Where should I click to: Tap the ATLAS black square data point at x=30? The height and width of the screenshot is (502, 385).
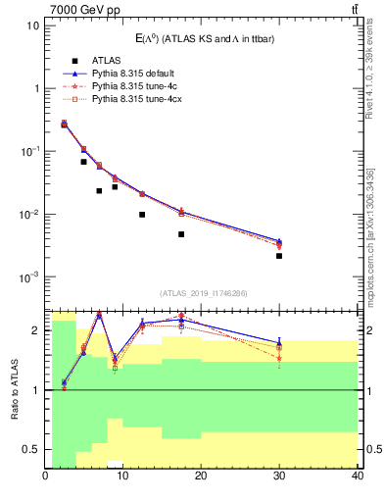coord(279,256)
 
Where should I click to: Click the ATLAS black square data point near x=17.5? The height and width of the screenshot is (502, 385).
coord(181,234)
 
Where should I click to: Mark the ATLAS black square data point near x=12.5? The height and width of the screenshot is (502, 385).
coord(142,215)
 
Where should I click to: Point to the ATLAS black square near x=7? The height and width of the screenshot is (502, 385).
coord(99,191)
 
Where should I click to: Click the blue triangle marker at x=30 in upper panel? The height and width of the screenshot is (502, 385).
coord(279,240)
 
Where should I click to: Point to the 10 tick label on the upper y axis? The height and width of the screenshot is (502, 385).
coord(33,25)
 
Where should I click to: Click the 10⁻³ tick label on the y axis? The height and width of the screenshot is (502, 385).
coord(28,277)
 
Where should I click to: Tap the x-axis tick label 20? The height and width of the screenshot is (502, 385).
coord(201,477)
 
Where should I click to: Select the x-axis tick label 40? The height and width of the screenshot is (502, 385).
coord(357,477)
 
